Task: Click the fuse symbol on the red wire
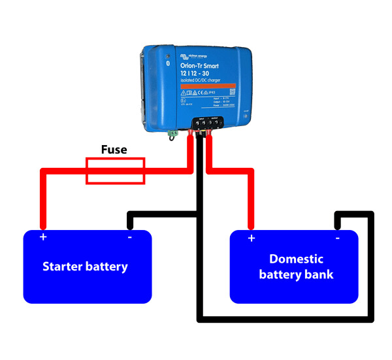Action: [x=116, y=170]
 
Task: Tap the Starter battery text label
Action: [x=85, y=267]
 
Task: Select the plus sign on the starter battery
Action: [x=43, y=237]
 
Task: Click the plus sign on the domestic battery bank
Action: [x=251, y=238]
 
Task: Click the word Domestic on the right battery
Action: [x=296, y=259]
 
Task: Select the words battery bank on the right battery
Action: [x=296, y=274]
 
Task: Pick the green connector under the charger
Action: [x=172, y=134]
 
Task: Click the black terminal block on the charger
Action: [x=203, y=122]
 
